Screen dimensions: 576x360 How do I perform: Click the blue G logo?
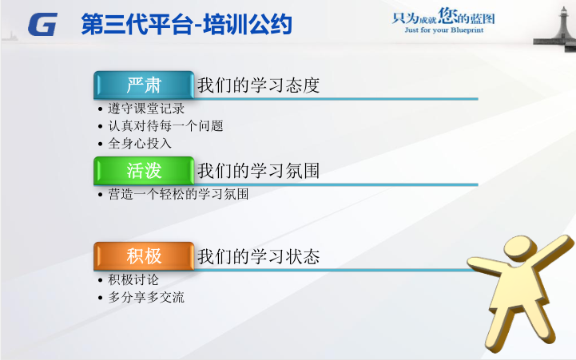tap(42, 24)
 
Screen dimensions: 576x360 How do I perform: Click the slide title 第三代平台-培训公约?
tap(187, 24)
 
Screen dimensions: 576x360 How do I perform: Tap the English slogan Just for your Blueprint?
tap(443, 30)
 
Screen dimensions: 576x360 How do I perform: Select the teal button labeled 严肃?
tap(144, 85)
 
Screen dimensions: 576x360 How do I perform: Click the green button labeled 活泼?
tap(144, 171)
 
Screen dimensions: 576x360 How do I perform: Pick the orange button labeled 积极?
tap(144, 256)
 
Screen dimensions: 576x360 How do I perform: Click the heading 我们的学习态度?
tap(258, 85)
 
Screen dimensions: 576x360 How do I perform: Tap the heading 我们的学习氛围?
tap(258, 171)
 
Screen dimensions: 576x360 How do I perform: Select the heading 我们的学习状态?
tap(258, 256)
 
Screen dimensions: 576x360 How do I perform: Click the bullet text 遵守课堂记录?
tap(146, 109)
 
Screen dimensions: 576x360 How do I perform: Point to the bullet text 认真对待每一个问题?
tap(165, 126)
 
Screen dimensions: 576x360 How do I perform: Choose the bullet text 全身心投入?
tap(140, 143)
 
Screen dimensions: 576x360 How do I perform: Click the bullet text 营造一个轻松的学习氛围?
tap(178, 194)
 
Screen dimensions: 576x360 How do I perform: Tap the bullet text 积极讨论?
tap(133, 279)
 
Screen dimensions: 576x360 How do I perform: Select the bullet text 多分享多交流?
tap(146, 297)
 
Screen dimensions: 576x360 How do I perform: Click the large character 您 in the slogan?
tap(447, 15)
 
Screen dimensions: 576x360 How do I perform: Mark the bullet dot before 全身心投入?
tap(101, 144)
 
